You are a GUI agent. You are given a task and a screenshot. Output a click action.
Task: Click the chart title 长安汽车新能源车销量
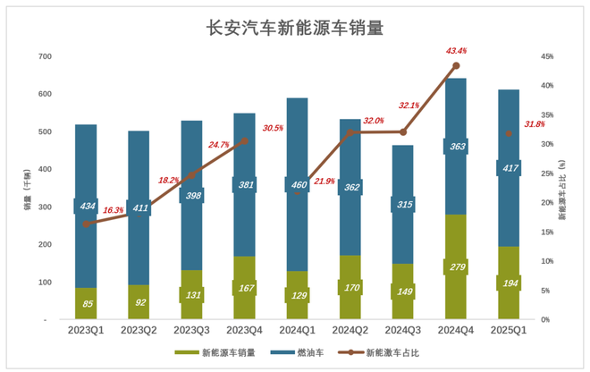tap(294, 28)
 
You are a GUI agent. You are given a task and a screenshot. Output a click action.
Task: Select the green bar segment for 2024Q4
tap(456, 268)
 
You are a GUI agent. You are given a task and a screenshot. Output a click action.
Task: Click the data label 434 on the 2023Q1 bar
tap(86, 207)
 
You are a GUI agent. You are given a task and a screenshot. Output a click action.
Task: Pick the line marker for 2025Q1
tap(509, 133)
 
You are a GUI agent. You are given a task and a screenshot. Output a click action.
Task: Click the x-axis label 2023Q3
tap(192, 330)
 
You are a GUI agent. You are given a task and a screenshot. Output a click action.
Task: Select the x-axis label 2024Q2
tap(350, 330)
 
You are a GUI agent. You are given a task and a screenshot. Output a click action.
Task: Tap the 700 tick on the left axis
tap(45, 56)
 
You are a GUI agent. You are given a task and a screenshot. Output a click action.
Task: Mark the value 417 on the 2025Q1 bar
tap(509, 167)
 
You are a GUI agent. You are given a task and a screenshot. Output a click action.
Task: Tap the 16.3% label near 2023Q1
tap(114, 211)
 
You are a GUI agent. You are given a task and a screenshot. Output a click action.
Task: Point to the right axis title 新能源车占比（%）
tap(562, 188)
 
